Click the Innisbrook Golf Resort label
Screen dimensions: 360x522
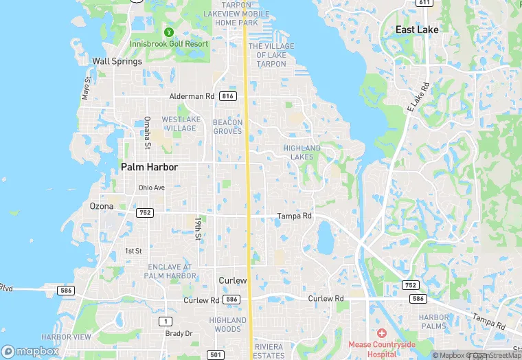coord(169,44)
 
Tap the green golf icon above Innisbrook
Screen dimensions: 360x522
coord(169,31)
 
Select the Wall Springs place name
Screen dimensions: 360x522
coord(117,61)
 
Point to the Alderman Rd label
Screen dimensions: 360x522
coord(192,97)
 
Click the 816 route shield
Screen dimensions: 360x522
coord(229,97)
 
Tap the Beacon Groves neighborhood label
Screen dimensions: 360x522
coord(227,126)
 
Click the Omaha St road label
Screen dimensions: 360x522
coord(147,132)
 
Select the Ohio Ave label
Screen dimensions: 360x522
coord(152,188)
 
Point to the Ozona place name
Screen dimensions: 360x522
coord(102,206)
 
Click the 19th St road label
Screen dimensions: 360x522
coord(197,228)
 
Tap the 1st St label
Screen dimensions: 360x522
coord(133,251)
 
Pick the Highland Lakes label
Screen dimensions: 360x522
coord(302,153)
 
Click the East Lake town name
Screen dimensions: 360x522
coord(417,30)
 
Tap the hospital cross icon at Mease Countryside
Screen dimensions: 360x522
coord(381,333)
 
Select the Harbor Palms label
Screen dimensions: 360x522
coord(434,322)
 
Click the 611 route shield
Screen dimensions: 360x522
coord(424,3)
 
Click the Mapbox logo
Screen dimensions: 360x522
coord(30,351)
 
